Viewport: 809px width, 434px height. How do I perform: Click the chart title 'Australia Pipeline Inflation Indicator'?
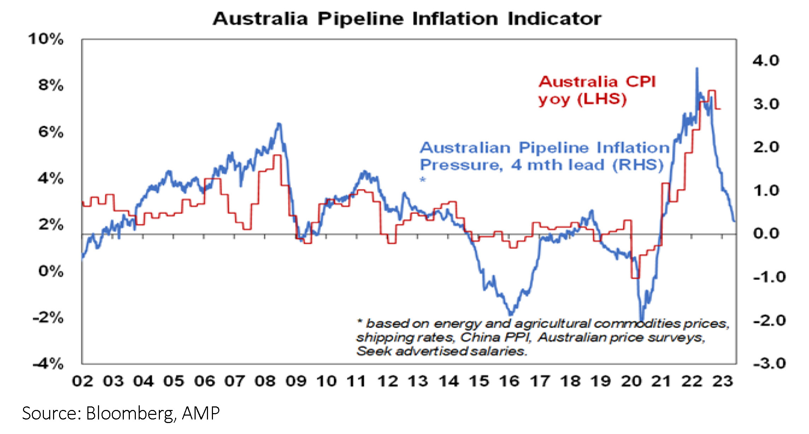[x=407, y=19]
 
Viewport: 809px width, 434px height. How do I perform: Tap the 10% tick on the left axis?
[x=46, y=39]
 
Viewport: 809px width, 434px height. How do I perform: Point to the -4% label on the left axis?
[x=48, y=364]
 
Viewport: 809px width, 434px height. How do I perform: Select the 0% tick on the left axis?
[x=51, y=271]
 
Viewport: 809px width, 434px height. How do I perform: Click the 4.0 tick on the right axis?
[x=766, y=61]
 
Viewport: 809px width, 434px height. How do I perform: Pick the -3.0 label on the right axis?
[x=769, y=364]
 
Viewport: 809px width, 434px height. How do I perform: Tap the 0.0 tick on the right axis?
[x=766, y=233]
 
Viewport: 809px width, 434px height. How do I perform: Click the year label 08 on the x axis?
[x=265, y=381]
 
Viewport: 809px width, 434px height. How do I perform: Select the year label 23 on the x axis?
[x=722, y=381]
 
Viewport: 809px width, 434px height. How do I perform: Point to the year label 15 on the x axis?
[x=479, y=381]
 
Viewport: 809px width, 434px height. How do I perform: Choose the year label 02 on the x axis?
[x=82, y=381]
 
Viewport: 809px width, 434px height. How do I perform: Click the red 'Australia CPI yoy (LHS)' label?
[x=597, y=91]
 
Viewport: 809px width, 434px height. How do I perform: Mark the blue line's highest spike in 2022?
[x=697, y=68]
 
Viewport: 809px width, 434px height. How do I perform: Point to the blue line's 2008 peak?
[x=279, y=123]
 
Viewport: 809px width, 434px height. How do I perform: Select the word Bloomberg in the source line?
[x=131, y=413]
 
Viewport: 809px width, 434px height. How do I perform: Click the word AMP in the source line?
[x=201, y=413]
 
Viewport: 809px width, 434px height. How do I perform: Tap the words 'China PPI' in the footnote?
[x=495, y=337]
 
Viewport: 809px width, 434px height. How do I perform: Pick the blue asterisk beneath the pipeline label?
[x=423, y=179]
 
